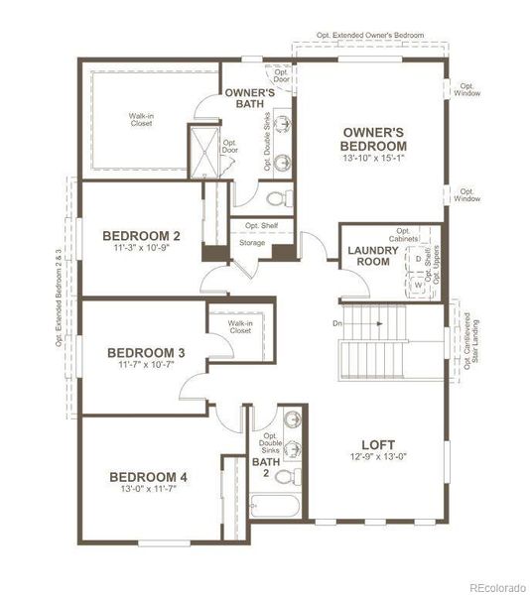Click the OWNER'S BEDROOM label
tap(372, 139)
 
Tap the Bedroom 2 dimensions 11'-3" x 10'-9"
tap(141, 249)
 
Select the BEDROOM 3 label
tap(146, 352)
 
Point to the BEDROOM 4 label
tap(148, 477)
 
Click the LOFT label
tap(378, 444)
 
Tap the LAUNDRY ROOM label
tap(373, 256)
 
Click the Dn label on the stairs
tap(336, 322)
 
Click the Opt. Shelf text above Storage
tap(261, 225)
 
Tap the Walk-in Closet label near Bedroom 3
tap(238, 326)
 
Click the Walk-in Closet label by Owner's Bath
tap(141, 119)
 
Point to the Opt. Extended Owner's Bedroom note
tap(369, 35)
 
